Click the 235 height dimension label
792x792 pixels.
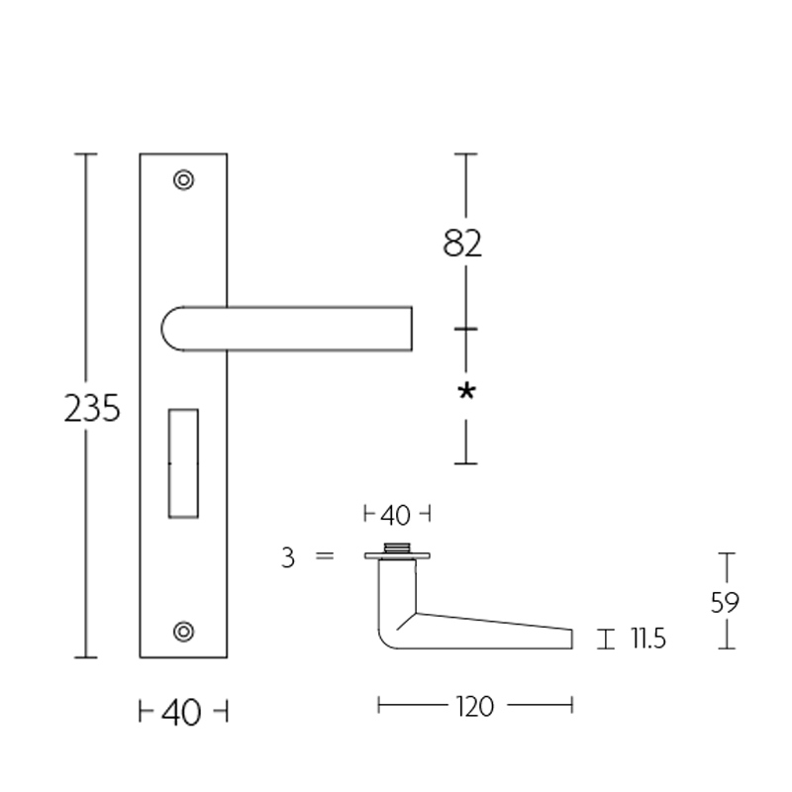(92, 408)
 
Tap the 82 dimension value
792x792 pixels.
(462, 244)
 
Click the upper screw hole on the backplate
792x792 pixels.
(183, 180)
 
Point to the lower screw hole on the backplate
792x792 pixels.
(183, 631)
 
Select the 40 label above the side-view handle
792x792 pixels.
(395, 515)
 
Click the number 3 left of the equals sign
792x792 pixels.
(288, 558)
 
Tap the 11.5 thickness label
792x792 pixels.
(644, 640)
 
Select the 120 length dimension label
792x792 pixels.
(476, 706)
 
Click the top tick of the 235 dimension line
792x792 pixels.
(85, 154)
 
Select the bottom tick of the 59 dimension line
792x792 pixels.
(728, 648)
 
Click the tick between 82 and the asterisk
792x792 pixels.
(466, 328)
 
